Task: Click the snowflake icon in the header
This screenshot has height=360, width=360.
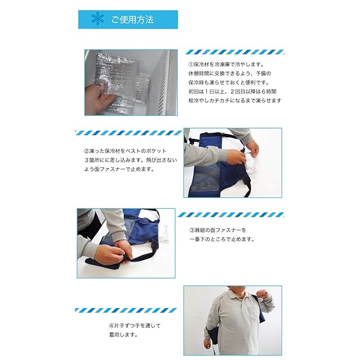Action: tap(97, 19)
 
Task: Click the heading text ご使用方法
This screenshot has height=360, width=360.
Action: tap(133, 20)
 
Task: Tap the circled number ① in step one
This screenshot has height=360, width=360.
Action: tap(191, 64)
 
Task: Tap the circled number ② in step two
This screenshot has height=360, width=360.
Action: tap(87, 151)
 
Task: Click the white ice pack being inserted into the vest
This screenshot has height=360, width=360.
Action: tap(251, 161)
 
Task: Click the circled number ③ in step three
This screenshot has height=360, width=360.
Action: tap(192, 230)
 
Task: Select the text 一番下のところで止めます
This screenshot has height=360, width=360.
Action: tap(222, 239)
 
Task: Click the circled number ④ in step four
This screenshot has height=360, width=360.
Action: tap(111, 326)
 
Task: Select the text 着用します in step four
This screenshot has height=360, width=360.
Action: tap(123, 335)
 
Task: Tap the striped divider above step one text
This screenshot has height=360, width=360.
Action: tap(235, 52)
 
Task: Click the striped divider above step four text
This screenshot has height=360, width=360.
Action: tap(126, 310)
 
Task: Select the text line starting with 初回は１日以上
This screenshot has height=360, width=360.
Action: tap(232, 92)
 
